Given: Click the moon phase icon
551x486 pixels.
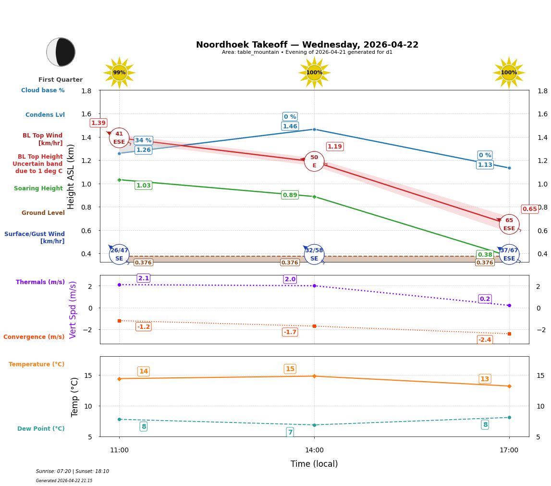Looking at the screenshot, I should [61, 52].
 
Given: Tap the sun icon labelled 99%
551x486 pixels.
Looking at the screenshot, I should [119, 73].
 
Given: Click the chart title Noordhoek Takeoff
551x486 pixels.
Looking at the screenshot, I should [307, 45].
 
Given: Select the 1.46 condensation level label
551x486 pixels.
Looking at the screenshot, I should [290, 126].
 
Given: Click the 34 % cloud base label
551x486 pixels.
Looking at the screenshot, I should [143, 140].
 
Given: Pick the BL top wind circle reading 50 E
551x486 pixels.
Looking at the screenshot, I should [314, 162].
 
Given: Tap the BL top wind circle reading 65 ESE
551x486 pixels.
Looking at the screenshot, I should [509, 224].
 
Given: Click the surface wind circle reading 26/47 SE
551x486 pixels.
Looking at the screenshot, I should [119, 254].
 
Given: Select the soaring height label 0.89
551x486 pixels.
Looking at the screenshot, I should [290, 195].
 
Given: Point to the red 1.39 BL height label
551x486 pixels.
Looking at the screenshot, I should [98, 123].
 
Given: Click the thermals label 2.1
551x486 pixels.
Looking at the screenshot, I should [144, 278].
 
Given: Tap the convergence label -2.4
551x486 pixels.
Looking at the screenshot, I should [485, 340].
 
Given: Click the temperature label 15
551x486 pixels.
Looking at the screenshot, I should [290, 369].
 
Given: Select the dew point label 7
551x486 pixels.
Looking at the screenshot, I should [290, 432].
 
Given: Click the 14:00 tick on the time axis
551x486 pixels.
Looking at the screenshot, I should [314, 450].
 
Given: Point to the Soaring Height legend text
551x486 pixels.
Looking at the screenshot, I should [38, 188].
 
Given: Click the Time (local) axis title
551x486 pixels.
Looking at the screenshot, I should [314, 464].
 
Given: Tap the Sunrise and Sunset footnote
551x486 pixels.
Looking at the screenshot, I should [73, 472].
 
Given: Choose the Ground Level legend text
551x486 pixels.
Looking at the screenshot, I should [43, 213].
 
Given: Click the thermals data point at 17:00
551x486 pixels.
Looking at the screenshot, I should [509, 305].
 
